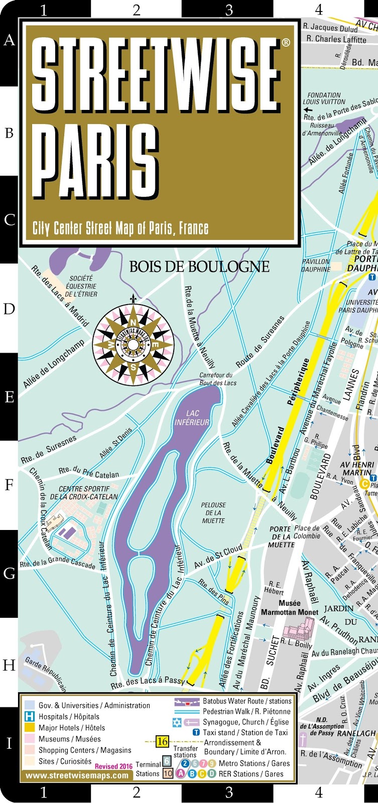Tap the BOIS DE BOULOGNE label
pyautogui.click(x=199, y=266)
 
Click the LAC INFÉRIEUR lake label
pyautogui.click(x=192, y=418)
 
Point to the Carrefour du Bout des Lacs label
pyautogui.click(x=216, y=379)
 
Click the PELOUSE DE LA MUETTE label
pyautogui.click(x=213, y=512)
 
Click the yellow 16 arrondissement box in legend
pyautogui.click(x=162, y=741)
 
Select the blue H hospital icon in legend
pyautogui.click(x=30, y=717)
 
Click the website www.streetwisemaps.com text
pyautogui.click(x=77, y=775)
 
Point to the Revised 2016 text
pyautogui.click(x=113, y=766)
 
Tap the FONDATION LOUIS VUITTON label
pyautogui.click(x=324, y=98)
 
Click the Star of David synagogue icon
pyautogui.click(x=177, y=723)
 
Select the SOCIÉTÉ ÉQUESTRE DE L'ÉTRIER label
pyautogui.click(x=81, y=286)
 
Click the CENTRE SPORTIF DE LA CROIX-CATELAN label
pyautogui.click(x=84, y=493)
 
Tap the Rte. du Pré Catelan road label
pyautogui.click(x=89, y=472)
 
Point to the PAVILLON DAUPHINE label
pyautogui.click(x=316, y=265)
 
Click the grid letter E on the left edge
pyautogui.click(x=9, y=397)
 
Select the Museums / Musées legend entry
pyautogui.click(x=69, y=739)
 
